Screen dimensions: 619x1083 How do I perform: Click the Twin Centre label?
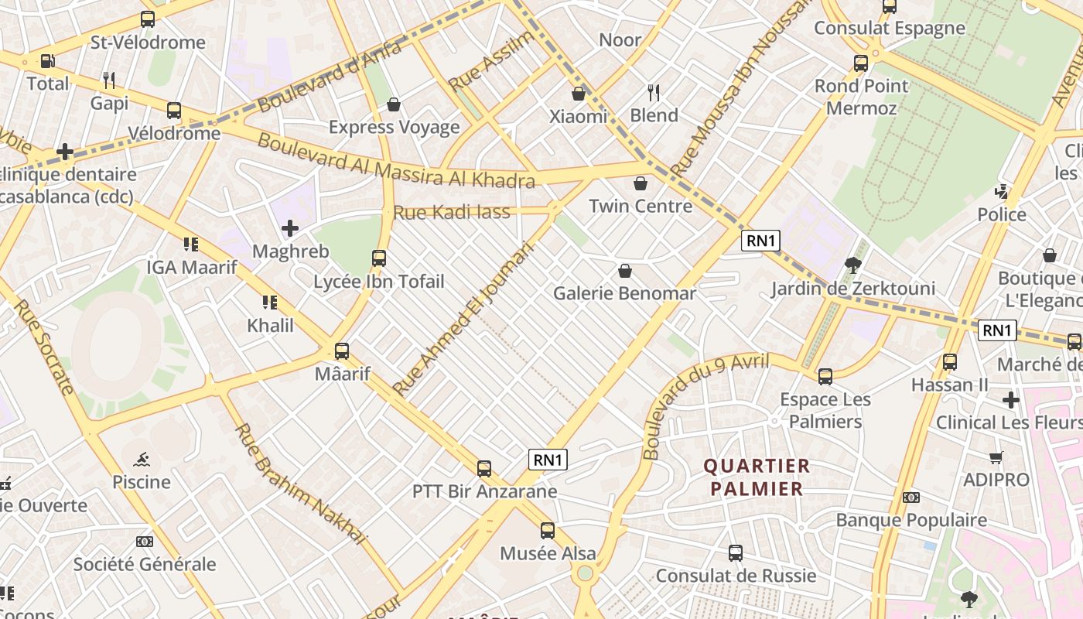tap(640, 206)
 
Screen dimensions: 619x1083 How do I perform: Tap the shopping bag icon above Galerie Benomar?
tap(624, 271)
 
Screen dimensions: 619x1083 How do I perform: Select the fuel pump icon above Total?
tap(47, 60)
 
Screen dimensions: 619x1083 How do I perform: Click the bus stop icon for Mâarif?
tap(341, 351)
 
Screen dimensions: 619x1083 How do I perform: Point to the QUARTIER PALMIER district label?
tap(757, 477)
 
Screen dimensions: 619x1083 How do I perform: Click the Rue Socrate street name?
tap(44, 346)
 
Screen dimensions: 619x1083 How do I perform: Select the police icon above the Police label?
tap(1002, 191)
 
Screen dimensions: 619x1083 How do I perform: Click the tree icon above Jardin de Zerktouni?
tap(853, 265)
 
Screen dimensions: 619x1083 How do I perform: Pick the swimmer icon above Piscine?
tap(141, 460)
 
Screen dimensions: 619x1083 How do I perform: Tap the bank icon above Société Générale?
tap(144, 542)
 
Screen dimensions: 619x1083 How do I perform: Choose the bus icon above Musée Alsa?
tap(548, 530)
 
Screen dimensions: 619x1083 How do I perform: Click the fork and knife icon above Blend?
tap(654, 93)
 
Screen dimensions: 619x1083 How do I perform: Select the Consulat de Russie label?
tap(736, 576)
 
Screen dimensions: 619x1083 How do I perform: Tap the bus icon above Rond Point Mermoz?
tap(861, 63)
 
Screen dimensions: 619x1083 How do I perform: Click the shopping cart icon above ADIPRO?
tap(996, 457)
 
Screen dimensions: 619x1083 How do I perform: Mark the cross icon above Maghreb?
tap(290, 228)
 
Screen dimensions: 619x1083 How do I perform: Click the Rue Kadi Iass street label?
tap(452, 212)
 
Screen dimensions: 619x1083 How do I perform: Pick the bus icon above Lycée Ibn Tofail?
tap(379, 258)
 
